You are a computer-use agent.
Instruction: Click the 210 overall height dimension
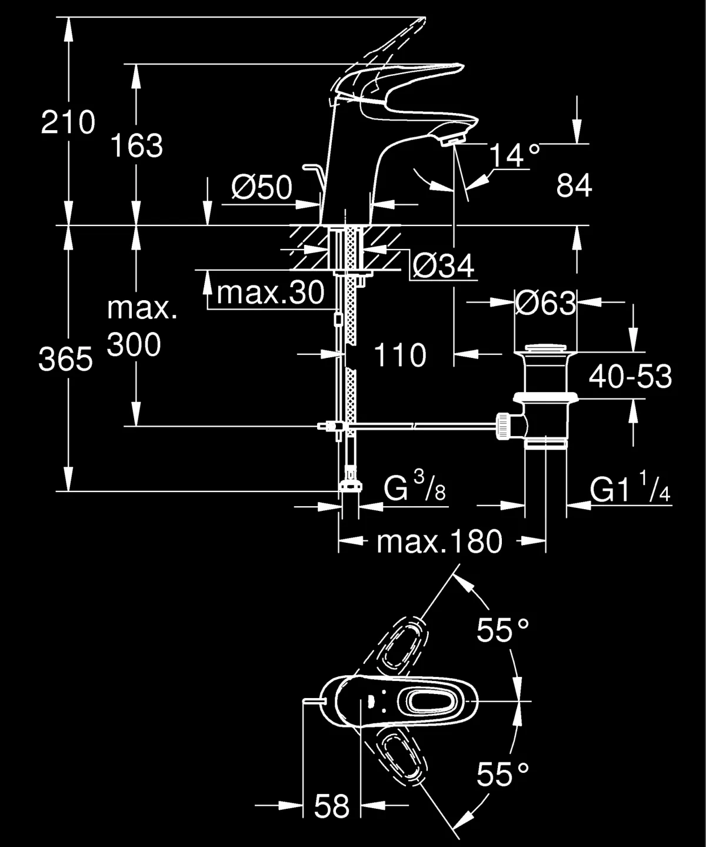pos(68,123)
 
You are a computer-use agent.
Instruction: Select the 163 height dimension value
pos(136,146)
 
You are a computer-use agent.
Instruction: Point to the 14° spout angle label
pos(514,156)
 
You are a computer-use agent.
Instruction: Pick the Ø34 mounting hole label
pos(443,266)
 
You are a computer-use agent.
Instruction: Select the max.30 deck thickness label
pos(271,292)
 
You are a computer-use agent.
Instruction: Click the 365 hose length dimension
pos(65,359)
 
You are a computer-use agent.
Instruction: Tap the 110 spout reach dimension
pos(400,356)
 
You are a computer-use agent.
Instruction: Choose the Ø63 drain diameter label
pos(545,304)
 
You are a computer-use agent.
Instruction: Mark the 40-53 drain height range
pos(630,377)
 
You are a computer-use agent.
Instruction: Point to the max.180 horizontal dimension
pos(439,542)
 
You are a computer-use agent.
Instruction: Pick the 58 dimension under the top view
pos(332,806)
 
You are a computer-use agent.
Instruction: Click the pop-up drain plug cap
pos(545,348)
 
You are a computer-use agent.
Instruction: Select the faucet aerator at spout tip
pos(453,139)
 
